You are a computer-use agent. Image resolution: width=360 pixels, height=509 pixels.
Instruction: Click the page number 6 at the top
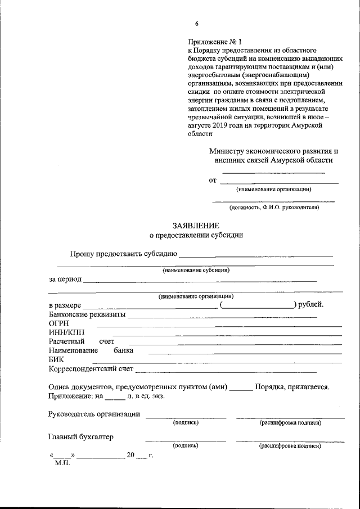click(196, 24)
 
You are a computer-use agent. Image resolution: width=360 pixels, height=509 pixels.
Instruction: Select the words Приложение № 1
click(214, 42)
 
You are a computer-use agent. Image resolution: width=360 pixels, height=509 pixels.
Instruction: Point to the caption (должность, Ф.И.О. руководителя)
click(274, 207)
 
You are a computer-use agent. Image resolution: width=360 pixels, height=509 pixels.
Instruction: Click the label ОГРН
click(59, 324)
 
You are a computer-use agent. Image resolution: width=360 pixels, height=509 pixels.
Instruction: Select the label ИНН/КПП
click(64, 333)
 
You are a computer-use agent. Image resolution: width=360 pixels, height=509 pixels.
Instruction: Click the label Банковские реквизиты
click(87, 314)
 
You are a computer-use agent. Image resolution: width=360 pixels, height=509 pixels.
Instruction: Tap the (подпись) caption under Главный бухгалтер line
click(185, 445)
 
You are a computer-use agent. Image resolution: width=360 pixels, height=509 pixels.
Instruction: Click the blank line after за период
click(200, 280)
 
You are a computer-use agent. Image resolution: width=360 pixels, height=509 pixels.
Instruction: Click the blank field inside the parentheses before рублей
click(258, 305)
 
